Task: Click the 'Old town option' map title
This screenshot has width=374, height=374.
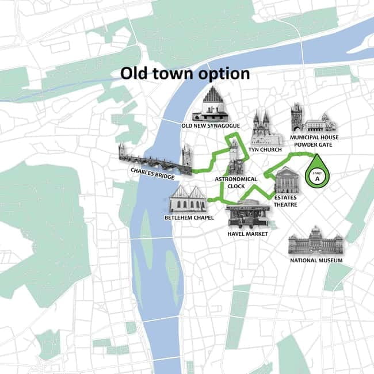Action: (x=185, y=74)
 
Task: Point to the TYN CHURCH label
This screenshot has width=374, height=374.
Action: (x=266, y=150)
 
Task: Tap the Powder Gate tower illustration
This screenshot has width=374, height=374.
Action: (x=297, y=117)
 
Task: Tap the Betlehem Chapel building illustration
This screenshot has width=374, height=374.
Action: (x=188, y=199)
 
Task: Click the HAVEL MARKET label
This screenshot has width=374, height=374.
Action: (x=247, y=234)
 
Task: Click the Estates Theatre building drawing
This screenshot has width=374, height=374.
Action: (x=286, y=180)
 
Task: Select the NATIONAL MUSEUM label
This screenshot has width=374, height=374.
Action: (x=315, y=261)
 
